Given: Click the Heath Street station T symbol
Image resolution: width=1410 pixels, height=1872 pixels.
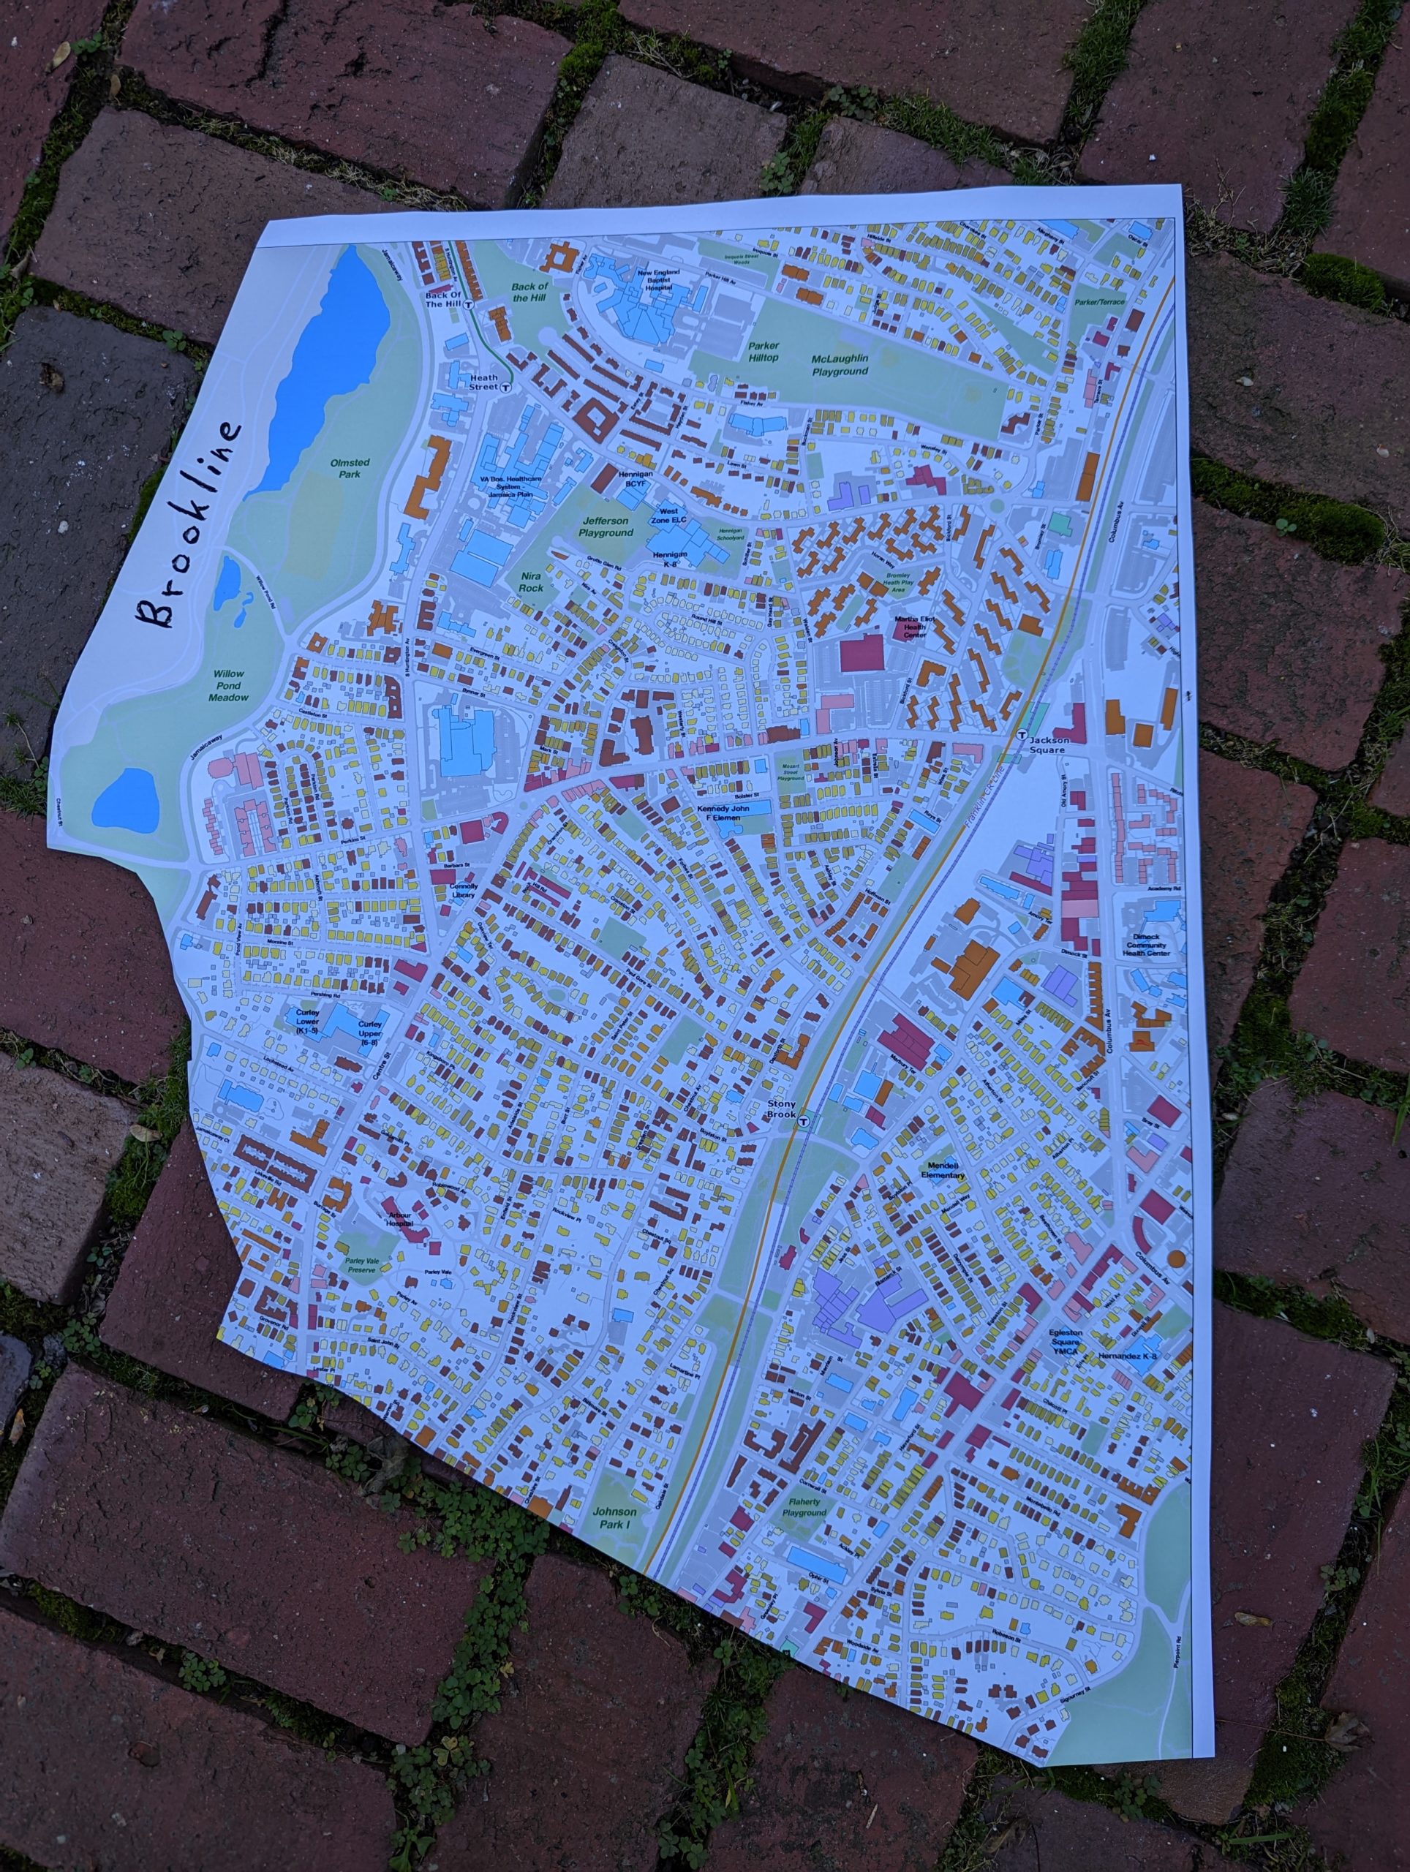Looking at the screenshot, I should coord(505,388).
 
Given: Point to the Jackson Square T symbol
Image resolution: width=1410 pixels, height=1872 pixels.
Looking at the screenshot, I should coord(1022,735).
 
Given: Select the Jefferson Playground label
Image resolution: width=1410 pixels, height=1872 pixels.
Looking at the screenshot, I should coord(606,526).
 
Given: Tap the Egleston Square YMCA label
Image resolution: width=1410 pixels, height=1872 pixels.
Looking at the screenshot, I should coord(1077,1346).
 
